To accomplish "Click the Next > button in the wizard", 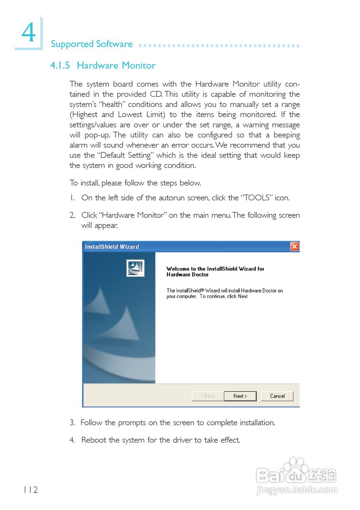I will [240, 396].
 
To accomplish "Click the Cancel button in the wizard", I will [277, 396].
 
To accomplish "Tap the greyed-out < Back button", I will [208, 396].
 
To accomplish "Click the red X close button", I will [295, 247].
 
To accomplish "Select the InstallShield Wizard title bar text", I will [112, 247].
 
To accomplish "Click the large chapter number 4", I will [28, 33].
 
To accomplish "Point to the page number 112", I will [30, 490].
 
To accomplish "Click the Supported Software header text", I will [92, 44].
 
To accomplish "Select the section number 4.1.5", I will [60, 66].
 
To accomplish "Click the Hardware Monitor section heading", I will [116, 66].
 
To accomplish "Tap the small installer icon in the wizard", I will [135, 268].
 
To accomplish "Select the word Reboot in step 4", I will [94, 440].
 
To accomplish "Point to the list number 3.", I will [72, 423].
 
